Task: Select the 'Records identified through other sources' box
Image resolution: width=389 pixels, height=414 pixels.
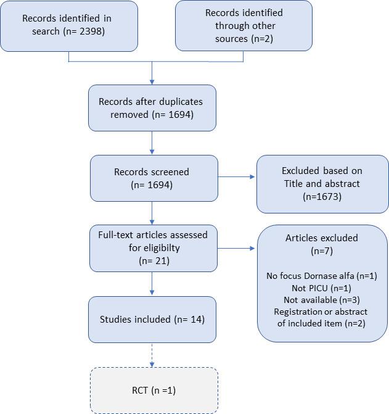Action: [244, 25]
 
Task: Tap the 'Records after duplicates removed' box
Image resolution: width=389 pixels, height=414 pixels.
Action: [152, 108]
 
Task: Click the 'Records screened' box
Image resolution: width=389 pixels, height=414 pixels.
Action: [154, 178]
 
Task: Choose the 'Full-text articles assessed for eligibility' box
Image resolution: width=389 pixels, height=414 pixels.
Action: [154, 248]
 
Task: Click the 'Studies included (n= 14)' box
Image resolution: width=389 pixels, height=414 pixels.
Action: [152, 320]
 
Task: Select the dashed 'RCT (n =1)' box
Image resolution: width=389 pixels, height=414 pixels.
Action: [154, 390]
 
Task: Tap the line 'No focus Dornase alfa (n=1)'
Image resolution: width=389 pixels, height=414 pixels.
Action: [322, 276]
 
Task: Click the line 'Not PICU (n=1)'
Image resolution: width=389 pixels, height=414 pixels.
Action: [322, 288]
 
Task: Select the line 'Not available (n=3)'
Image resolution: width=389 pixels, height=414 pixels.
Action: [322, 300]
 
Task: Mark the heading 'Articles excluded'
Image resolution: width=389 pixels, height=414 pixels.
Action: [322, 238]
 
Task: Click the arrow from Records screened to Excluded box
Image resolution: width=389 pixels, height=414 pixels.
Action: [237, 178]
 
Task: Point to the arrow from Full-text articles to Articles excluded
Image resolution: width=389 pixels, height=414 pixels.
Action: [237, 249]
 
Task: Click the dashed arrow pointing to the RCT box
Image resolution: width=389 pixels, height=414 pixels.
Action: [152, 355]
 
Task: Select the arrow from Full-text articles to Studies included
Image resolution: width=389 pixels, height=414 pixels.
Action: [152, 284]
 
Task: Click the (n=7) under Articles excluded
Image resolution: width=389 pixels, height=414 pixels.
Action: [322, 252]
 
